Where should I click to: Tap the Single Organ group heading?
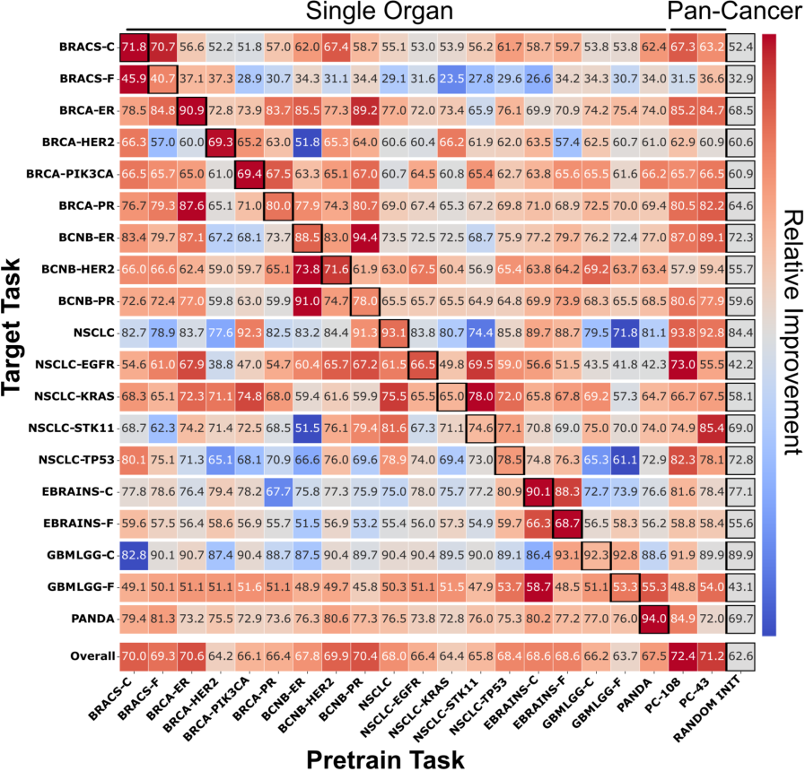[x=393, y=12]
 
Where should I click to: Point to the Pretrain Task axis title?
[x=385, y=758]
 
